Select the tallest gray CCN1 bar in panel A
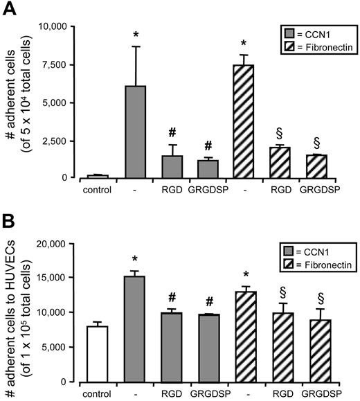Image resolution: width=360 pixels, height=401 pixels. tap(136, 132)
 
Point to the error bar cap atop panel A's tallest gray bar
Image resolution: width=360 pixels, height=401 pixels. tap(136, 46)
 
